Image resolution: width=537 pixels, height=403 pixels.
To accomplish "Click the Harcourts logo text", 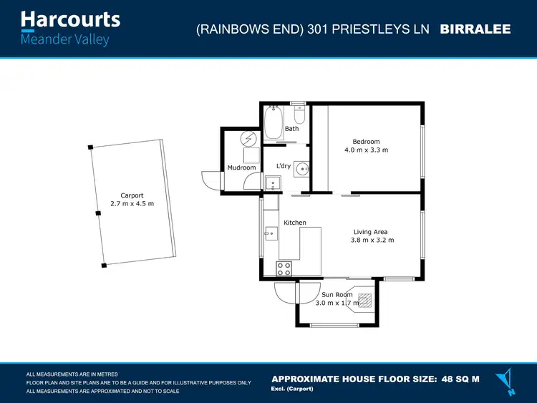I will [x=70, y=19].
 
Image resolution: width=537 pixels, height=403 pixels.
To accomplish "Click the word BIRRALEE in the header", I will [x=475, y=29].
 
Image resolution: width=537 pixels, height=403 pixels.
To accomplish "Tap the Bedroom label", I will [x=366, y=142].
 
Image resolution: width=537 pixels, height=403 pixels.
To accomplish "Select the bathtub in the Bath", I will [x=274, y=124].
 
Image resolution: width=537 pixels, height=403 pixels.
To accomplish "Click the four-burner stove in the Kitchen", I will [x=284, y=269].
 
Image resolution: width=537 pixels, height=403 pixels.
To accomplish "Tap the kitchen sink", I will [x=271, y=233].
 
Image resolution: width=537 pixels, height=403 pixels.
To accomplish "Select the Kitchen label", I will [x=295, y=223].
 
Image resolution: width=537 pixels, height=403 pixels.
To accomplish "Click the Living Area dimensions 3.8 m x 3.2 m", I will [x=372, y=240].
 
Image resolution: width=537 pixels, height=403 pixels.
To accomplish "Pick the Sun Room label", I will [x=337, y=294].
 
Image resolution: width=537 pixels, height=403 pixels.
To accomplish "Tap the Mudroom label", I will [x=241, y=167].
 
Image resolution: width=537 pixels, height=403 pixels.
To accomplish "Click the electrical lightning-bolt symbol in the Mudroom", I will [x=248, y=138].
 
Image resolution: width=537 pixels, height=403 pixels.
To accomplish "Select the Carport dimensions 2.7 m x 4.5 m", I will [x=132, y=204].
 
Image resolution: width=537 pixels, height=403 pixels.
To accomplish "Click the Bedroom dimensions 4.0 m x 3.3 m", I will [x=366, y=150].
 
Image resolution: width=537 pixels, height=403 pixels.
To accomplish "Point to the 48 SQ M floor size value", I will [x=461, y=379].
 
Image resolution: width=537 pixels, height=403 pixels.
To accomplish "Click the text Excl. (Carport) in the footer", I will [x=291, y=388].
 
